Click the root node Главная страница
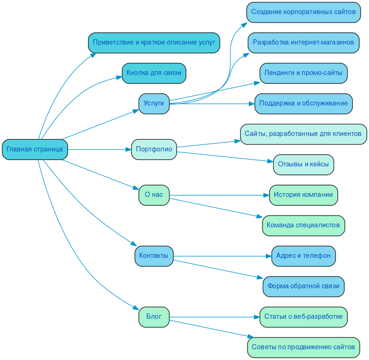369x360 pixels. pos(35,150)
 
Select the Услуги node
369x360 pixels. pos(154,104)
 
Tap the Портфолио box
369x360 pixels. pos(154,150)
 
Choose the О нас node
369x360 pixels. pos(154,195)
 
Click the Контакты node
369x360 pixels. pos(154,256)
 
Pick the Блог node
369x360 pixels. pos(154,317)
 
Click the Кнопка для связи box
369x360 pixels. pos(154,73)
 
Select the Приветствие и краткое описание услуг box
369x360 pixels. pos(154,43)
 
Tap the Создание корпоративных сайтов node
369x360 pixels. pos(303,12)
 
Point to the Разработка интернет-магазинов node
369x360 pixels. pos(303,43)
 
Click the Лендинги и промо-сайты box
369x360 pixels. pos(303,73)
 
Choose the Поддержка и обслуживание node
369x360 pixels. pos(303,104)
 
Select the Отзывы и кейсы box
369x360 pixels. pos(303,165)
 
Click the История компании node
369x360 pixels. pos(303,195)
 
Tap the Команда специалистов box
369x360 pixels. pos(303,225)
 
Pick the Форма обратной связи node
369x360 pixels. pos(303,286)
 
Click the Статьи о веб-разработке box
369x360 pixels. pos(303,317)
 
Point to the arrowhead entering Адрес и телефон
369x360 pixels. pos(269,256)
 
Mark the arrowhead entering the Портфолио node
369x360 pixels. pos(128,150)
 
